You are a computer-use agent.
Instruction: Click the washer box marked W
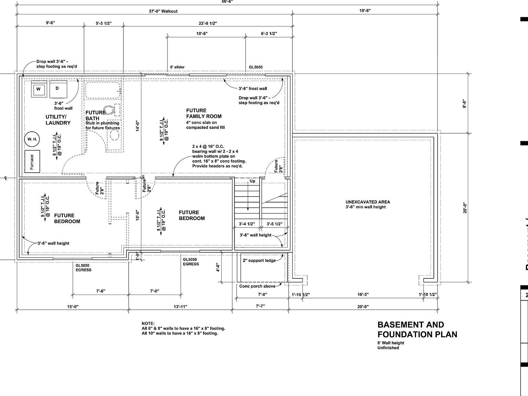coord(38,89)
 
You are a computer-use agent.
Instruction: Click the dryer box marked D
coord(57,89)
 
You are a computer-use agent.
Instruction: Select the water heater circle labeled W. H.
coord(32,139)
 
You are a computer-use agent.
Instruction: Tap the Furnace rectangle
coord(32,162)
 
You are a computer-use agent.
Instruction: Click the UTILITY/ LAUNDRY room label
coord(58,120)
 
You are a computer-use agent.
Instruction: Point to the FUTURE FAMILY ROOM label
coord(203,113)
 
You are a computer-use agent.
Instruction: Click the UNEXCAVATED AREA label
coord(367,202)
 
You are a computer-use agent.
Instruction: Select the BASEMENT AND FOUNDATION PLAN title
coord(417,329)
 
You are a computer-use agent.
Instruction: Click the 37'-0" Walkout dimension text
coord(163,11)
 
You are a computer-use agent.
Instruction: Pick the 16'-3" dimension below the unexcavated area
coord(363,295)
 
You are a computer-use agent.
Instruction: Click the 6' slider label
coord(177,67)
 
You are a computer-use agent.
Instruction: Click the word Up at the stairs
coord(252,181)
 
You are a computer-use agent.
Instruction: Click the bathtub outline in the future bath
coord(102,90)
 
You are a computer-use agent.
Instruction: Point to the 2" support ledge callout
coord(259,261)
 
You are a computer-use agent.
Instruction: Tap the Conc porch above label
coord(257,286)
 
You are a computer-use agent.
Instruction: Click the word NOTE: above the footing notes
coord(148,323)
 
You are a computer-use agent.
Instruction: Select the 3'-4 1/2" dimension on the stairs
coord(246,224)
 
